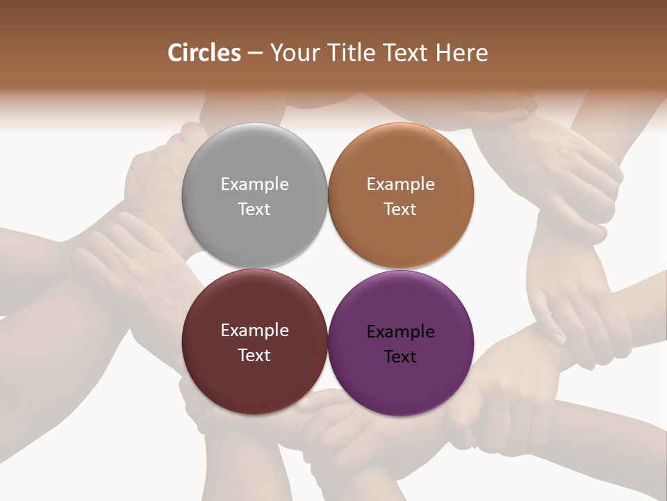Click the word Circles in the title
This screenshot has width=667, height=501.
click(x=204, y=53)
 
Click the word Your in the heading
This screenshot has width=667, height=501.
click(x=293, y=53)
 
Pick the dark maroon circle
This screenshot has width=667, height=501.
click(x=254, y=342)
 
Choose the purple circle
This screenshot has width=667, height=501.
click(x=400, y=342)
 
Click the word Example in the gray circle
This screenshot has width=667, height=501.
click(x=254, y=184)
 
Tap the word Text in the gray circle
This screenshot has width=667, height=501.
click(x=254, y=209)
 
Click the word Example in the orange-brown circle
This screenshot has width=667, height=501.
click(x=400, y=184)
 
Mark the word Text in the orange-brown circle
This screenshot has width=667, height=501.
click(x=400, y=209)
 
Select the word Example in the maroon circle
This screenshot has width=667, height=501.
click(x=254, y=331)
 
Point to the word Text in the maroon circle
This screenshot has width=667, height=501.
click(x=254, y=355)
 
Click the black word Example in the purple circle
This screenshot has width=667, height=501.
click(x=400, y=332)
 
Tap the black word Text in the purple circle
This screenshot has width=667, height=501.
click(x=400, y=356)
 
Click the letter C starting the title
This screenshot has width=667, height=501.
click(x=175, y=53)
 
